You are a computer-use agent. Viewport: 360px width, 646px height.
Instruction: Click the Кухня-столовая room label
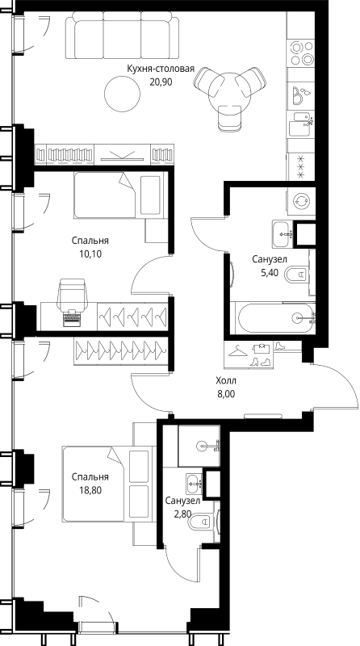click(161, 69)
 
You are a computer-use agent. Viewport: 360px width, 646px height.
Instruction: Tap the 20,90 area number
click(161, 82)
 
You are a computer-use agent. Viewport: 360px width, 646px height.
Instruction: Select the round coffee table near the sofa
click(122, 94)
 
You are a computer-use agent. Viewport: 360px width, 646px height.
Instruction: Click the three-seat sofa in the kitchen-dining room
click(123, 36)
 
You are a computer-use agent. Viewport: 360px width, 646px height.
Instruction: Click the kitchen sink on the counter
click(301, 124)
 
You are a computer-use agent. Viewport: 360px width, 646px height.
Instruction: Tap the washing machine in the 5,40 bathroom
click(301, 201)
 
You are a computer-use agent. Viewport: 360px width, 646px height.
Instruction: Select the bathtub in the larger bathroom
click(273, 318)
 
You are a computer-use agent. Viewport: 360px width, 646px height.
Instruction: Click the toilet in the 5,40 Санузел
click(297, 274)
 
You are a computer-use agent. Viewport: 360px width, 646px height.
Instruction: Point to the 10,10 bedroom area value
click(90, 254)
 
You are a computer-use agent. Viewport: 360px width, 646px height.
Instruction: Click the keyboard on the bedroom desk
click(73, 318)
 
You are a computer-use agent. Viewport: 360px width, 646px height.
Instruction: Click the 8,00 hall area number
click(226, 394)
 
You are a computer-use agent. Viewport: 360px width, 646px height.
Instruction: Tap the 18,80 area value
click(90, 489)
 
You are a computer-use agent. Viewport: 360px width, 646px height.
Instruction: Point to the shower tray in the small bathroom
click(199, 446)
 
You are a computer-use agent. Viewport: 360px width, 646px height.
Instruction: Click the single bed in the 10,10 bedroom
click(119, 195)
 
